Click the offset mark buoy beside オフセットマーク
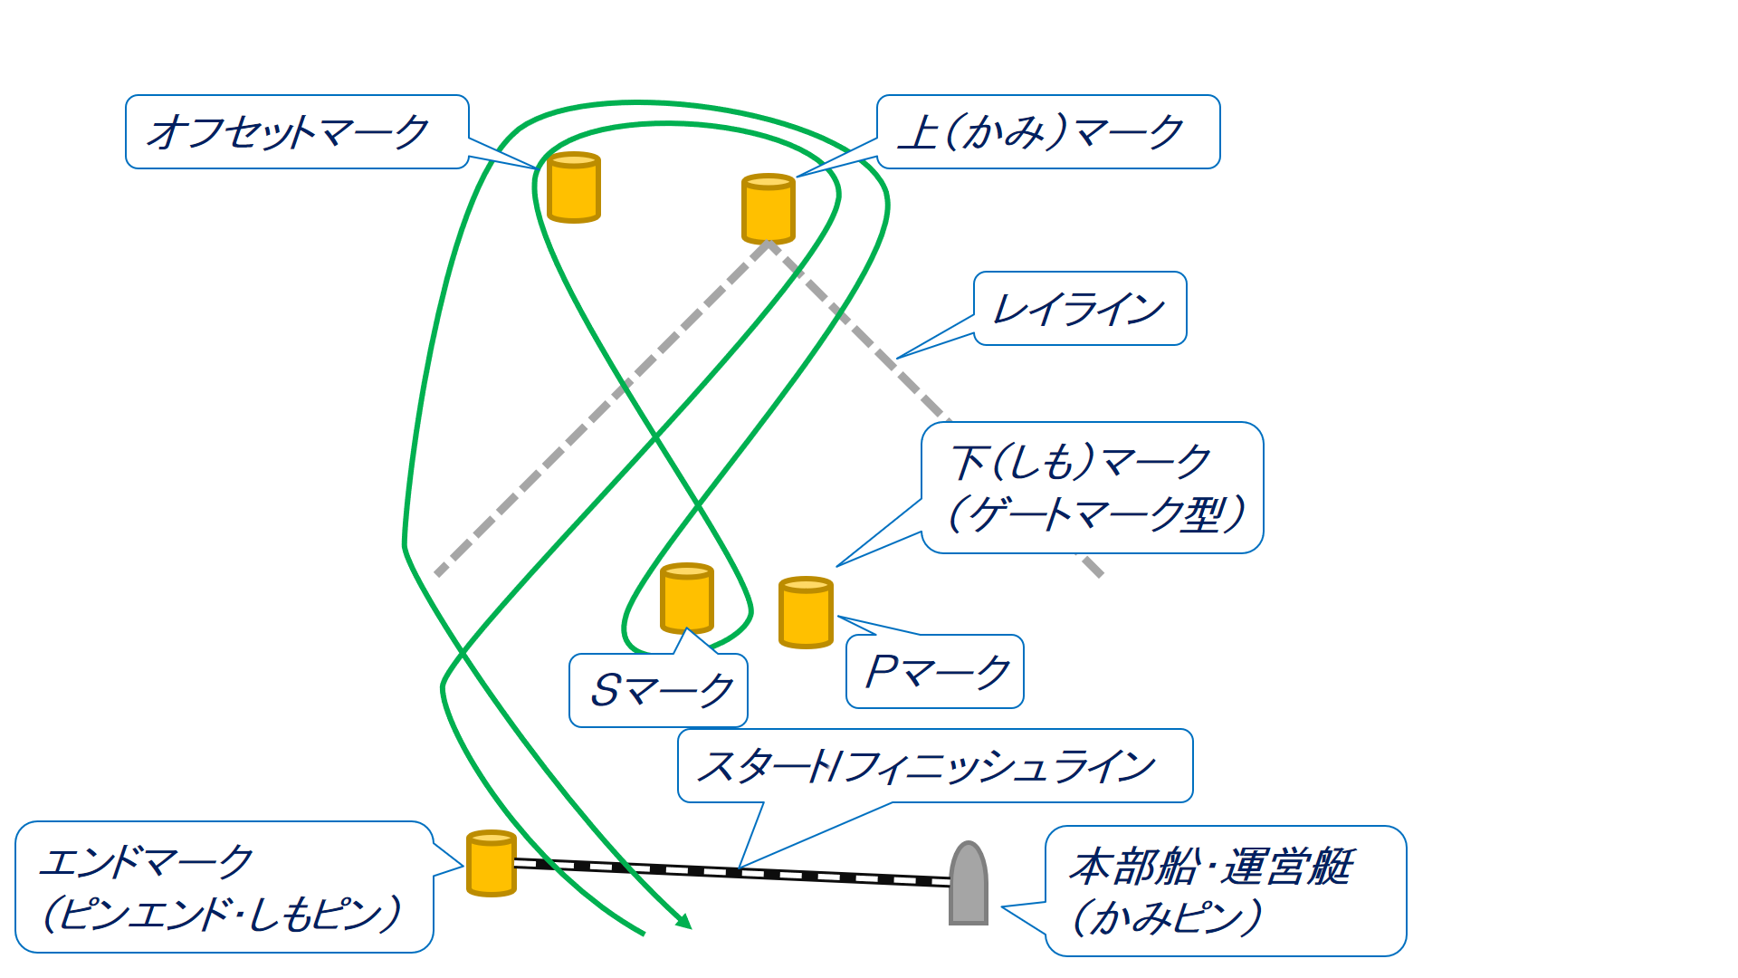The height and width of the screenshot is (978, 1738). pos(574,187)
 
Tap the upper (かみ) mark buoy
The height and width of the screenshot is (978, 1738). pos(769,209)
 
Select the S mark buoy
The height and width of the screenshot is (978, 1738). pos(687,598)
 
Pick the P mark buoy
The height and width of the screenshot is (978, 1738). pos(806,613)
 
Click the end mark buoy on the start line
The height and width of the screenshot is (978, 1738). pos(492,863)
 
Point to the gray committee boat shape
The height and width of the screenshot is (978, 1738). pos(968,884)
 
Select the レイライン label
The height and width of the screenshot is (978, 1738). pos(1079,309)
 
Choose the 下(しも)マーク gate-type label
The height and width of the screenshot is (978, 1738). pos(1092,487)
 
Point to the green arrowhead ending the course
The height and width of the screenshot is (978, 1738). pos(684,922)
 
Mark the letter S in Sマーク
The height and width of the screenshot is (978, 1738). pos(605,691)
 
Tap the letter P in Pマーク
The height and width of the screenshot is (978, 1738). pos(881,672)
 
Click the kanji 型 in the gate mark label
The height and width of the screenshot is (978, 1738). pos(1205,514)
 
